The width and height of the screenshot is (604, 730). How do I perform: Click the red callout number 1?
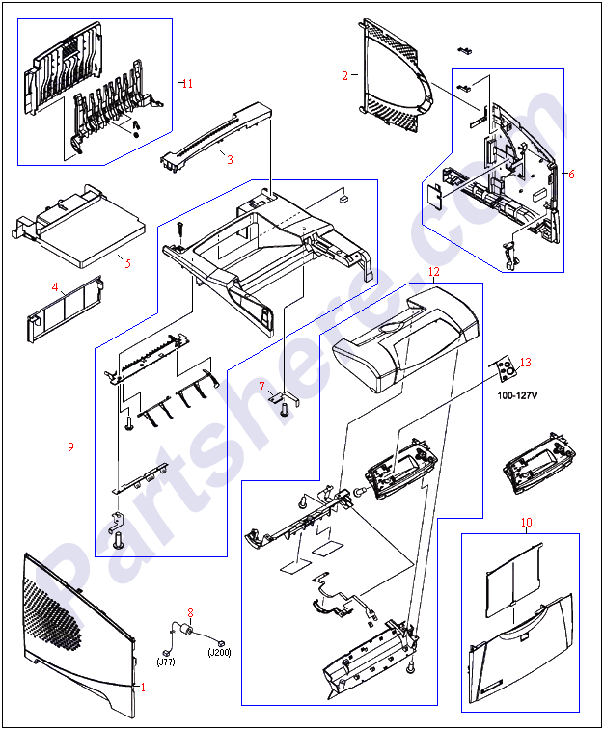click(144, 687)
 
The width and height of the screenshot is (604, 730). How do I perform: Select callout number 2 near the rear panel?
click(344, 75)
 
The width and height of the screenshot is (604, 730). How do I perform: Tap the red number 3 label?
click(230, 159)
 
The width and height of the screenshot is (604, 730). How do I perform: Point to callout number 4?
click(55, 286)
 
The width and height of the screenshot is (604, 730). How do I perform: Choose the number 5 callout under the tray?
click(127, 261)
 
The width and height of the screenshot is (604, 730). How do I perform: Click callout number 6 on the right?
click(571, 174)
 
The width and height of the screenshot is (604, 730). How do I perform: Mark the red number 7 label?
click(261, 387)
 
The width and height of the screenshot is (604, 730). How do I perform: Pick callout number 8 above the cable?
click(190, 612)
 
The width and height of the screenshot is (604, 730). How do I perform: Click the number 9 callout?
click(70, 446)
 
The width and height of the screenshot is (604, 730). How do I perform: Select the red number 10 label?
click(526, 523)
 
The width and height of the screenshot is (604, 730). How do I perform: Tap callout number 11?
click(187, 84)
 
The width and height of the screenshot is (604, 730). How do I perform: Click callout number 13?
click(525, 363)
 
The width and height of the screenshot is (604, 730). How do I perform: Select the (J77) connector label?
click(167, 662)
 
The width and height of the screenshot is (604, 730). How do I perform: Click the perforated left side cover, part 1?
click(72, 627)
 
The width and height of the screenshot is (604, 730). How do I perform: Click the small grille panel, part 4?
click(64, 313)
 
